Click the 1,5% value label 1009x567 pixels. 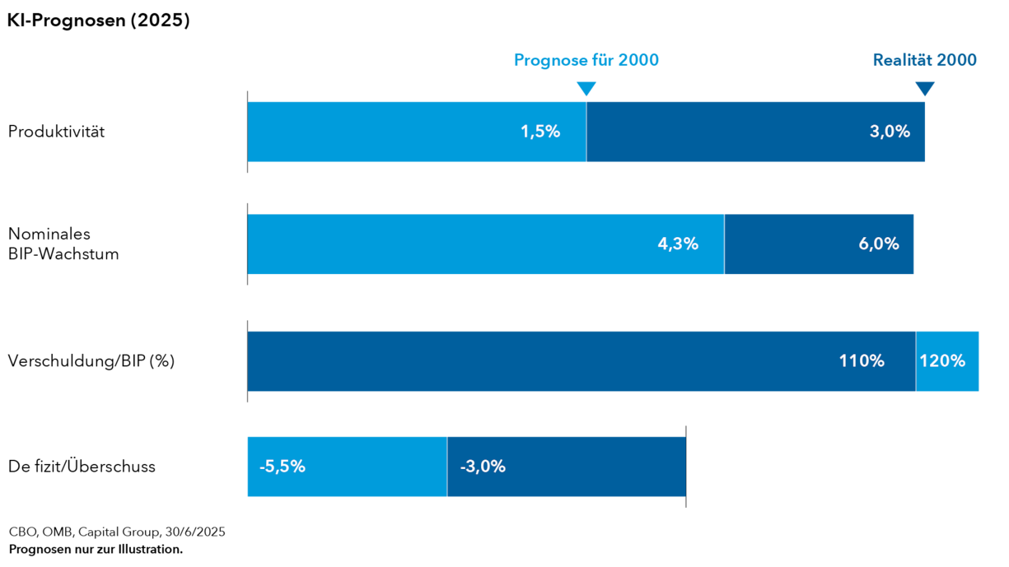coord(540,132)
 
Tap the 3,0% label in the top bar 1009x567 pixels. coord(890,132)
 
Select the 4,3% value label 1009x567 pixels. coord(678,244)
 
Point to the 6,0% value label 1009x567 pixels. coord(878,244)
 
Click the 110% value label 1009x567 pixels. coord(862,361)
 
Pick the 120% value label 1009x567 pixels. coord(942,361)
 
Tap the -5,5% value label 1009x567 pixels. coord(283,467)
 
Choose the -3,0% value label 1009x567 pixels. coord(483,467)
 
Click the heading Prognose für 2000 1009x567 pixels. coord(586,60)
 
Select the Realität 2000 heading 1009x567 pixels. coord(924,60)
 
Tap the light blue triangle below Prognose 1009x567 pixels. coord(586,88)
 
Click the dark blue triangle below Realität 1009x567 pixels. coord(925,88)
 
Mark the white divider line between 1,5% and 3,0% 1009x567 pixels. coord(586,132)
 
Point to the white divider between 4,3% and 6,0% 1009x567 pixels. coord(724,244)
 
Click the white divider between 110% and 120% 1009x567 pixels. coord(915,361)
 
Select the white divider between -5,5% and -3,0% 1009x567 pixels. coord(447,467)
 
